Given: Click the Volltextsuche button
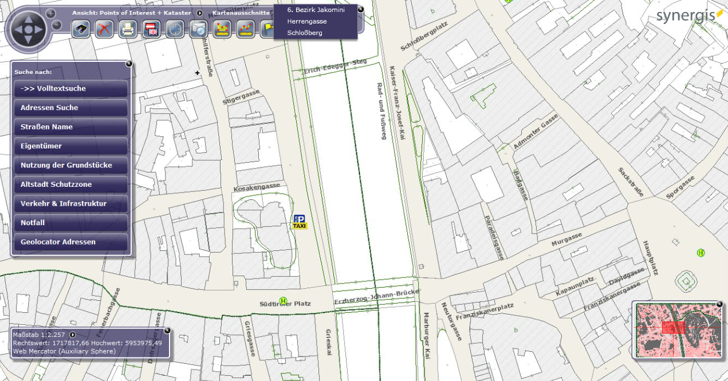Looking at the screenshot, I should tap(70, 89).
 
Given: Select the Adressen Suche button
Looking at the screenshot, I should tap(70, 108).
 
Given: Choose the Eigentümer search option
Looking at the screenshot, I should tap(70, 146).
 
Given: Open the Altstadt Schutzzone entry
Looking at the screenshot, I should tap(70, 184).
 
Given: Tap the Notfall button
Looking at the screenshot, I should tap(70, 223).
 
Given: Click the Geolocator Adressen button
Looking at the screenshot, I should tap(70, 242).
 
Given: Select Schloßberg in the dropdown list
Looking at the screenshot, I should tap(305, 33).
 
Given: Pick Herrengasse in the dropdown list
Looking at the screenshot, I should tap(306, 21).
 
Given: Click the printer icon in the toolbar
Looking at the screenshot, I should tap(128, 29).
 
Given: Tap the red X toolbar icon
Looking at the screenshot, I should tap(104, 29).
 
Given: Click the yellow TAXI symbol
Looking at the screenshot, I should tap(300, 226).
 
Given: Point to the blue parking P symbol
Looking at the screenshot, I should tap(299, 219).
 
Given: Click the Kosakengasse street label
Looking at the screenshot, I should tap(257, 187).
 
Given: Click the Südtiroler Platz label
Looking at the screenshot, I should tap(285, 304).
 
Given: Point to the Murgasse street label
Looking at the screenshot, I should tap(566, 240).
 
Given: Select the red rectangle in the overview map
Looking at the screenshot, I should tap(673, 327).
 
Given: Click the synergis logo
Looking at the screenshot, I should tap(686, 15).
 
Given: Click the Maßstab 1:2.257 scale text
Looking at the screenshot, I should tap(40, 335).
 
